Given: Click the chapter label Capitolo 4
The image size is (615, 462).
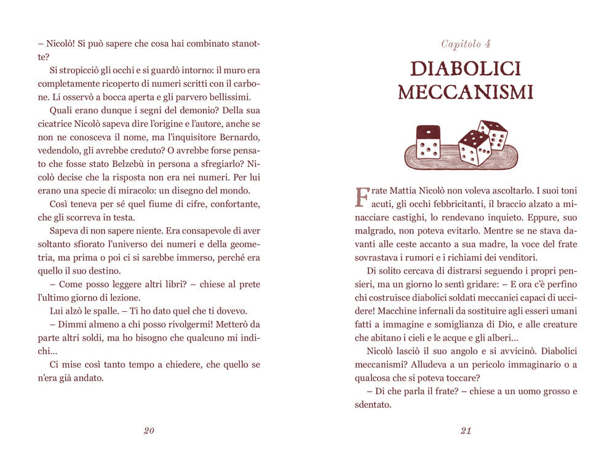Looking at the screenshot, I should [466, 44].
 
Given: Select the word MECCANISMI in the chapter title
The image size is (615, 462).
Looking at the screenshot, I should [466, 92].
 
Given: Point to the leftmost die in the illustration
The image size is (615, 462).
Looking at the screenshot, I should [428, 142].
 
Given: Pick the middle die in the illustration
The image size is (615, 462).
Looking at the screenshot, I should [474, 148].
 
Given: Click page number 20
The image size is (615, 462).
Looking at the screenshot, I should [149, 431].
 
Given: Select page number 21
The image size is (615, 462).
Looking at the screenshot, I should [466, 431].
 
